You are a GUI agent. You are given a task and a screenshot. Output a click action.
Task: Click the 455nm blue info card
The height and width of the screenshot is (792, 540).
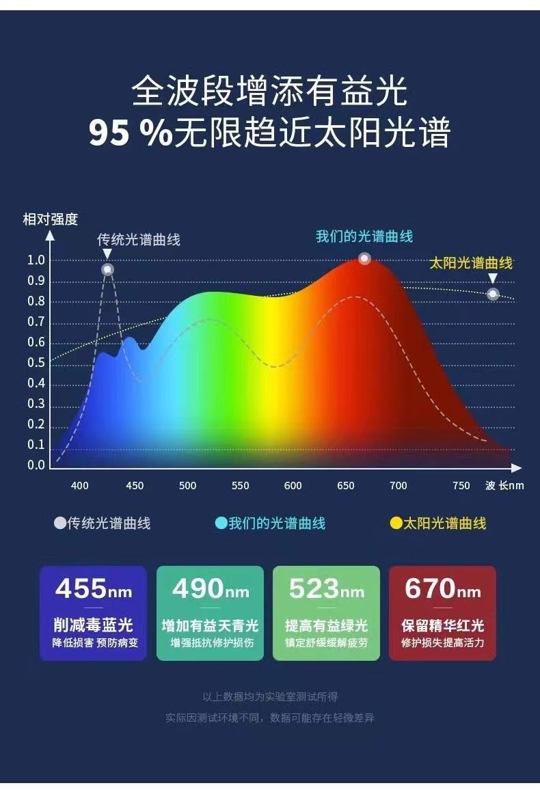pyautogui.click(x=93, y=613)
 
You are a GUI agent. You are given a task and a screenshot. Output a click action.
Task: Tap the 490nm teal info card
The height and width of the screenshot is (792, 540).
pyautogui.click(x=210, y=613)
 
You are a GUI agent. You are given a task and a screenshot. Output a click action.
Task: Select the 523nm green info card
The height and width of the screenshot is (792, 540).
pyautogui.click(x=326, y=613)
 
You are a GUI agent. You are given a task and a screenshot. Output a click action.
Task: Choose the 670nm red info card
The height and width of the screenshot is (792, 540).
pyautogui.click(x=442, y=613)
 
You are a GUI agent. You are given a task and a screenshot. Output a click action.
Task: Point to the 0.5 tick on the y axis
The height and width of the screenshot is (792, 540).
pyautogui.click(x=36, y=363)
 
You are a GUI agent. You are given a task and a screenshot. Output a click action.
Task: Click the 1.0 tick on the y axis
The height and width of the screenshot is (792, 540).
pyautogui.click(x=36, y=260)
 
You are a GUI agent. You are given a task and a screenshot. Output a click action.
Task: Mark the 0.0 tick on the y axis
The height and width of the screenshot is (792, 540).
pyautogui.click(x=36, y=465)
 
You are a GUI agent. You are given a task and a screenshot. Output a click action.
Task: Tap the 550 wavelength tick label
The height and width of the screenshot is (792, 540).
pyautogui.click(x=240, y=486)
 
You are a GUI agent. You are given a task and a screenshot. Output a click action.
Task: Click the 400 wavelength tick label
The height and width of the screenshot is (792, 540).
pyautogui.click(x=80, y=486)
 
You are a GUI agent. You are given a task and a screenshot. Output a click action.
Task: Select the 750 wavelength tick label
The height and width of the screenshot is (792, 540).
pyautogui.click(x=461, y=486)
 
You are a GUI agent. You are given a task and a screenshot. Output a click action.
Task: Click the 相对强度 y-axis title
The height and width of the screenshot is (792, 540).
pyautogui.click(x=51, y=219)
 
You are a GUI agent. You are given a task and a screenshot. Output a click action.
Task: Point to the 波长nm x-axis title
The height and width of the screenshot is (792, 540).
pyautogui.click(x=504, y=486)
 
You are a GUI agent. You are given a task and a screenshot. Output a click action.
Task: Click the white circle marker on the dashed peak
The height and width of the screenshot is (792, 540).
pyautogui.click(x=107, y=269)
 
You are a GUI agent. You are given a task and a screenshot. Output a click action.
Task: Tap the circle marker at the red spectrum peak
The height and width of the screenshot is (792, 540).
pyautogui.click(x=364, y=258)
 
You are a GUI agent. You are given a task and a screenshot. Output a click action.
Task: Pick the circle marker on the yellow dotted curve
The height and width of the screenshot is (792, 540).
pyautogui.click(x=493, y=294)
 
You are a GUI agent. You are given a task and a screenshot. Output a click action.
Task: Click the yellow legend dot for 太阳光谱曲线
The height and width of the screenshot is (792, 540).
pyautogui.click(x=396, y=524)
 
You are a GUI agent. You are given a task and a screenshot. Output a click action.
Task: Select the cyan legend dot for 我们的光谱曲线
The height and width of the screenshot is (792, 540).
pyautogui.click(x=221, y=524)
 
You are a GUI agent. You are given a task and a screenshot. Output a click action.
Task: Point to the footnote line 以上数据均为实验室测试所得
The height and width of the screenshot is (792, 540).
pyautogui.click(x=270, y=697)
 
